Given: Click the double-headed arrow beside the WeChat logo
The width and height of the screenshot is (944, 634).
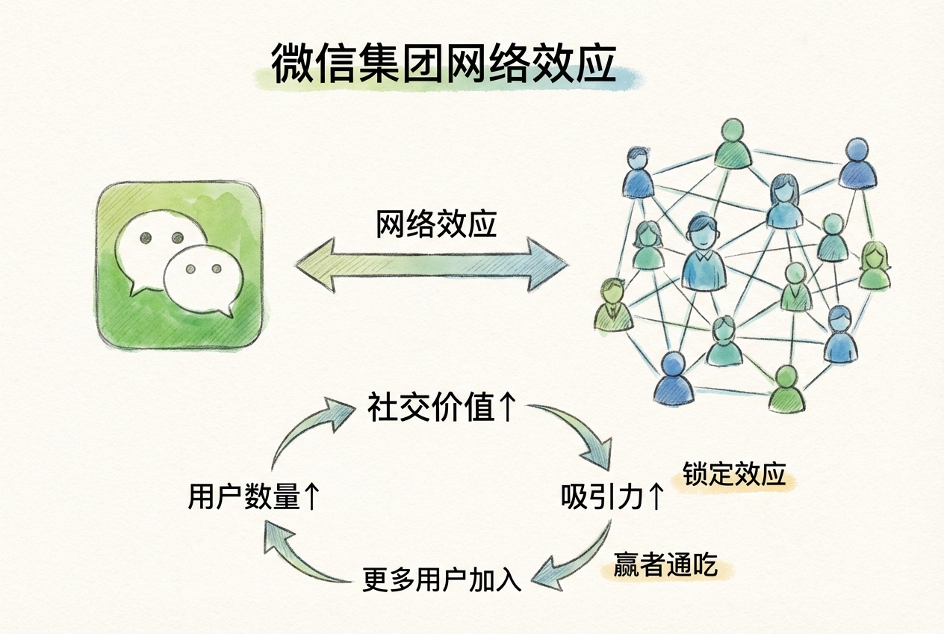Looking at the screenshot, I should pyautogui.click(x=432, y=264).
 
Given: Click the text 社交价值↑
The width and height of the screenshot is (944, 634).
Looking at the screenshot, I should pyautogui.click(x=441, y=408).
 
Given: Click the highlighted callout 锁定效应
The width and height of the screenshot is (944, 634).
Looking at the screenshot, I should pyautogui.click(x=735, y=475).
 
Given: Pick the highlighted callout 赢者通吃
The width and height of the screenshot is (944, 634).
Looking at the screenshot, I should pyautogui.click(x=665, y=565).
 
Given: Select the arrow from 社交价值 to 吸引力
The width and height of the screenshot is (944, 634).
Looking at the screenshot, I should pyautogui.click(x=579, y=434).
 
